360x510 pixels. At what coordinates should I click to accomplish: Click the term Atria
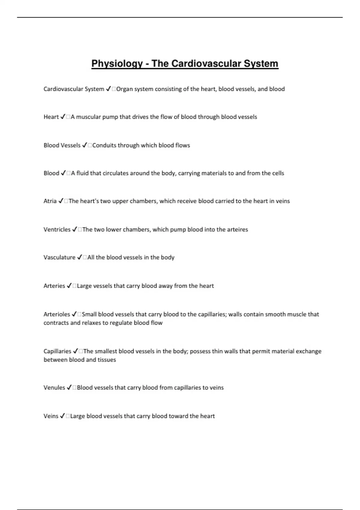(x=50, y=201)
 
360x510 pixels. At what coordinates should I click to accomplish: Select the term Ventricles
(x=57, y=229)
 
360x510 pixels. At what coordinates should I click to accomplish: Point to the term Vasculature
(x=59, y=257)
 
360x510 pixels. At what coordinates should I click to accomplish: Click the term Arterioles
(x=56, y=314)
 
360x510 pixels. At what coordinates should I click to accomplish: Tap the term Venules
(x=54, y=388)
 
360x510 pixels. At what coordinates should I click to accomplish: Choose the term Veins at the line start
(x=51, y=416)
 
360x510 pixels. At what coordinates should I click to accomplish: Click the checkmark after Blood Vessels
(x=84, y=145)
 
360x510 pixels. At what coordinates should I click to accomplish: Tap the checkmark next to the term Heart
(x=63, y=117)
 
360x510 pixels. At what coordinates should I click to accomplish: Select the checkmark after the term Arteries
(x=69, y=286)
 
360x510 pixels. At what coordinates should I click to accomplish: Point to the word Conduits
(x=104, y=145)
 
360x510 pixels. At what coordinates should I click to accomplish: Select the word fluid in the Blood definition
(x=82, y=173)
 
